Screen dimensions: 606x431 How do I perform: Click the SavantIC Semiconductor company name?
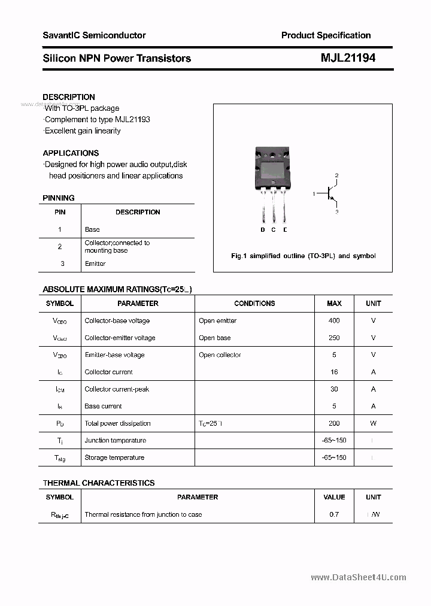(94, 35)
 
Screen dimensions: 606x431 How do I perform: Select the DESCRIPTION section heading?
(69, 97)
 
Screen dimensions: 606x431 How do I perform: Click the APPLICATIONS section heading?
(71, 153)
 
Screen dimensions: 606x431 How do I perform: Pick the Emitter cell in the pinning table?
(95, 263)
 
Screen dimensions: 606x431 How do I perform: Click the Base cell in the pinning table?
(92, 229)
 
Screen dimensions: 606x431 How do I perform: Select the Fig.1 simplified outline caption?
(303, 256)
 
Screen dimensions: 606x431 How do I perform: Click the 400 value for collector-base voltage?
(334, 321)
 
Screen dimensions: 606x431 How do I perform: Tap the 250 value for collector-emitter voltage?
(334, 338)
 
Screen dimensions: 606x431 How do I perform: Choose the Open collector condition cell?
(220, 355)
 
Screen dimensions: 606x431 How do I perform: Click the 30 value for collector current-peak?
(334, 389)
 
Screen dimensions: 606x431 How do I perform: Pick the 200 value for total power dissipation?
(334, 423)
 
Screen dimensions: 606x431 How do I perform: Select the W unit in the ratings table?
(373, 423)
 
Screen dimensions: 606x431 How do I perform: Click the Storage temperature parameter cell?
(114, 457)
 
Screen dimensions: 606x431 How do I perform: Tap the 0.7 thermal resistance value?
(334, 514)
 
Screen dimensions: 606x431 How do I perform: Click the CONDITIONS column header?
(254, 304)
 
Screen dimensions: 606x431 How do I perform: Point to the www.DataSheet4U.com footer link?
(359, 577)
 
